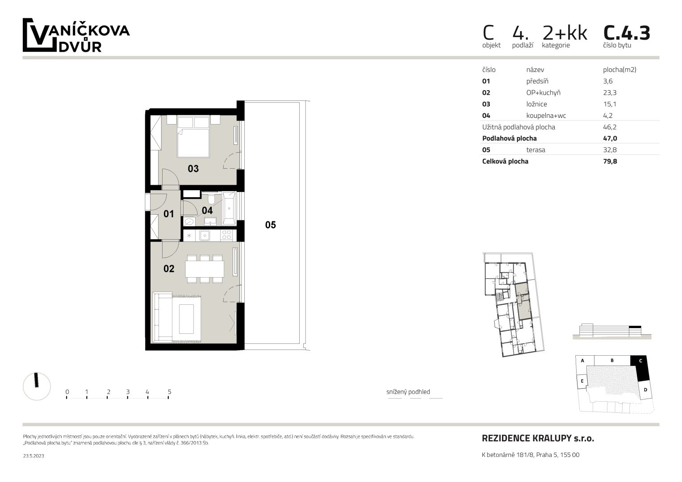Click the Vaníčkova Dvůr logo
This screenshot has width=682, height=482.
76,35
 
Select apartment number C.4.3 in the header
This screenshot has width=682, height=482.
627,33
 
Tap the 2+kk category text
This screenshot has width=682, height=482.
565,33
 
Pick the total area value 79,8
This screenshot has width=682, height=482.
610,161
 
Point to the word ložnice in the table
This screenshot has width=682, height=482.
536,104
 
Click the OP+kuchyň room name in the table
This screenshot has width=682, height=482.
543,92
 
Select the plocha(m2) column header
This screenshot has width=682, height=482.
619,70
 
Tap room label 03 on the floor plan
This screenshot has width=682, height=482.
193,169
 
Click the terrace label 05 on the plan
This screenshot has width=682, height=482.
270,225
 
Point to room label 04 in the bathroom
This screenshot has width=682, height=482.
207,210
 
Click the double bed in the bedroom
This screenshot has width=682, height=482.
193,137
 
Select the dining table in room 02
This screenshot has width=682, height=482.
205,269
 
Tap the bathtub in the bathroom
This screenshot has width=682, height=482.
229,208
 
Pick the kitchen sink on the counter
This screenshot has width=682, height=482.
205,235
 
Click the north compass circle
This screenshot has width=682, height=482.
37,386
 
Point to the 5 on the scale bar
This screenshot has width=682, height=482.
170,392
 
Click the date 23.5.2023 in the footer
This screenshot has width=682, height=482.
33,456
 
